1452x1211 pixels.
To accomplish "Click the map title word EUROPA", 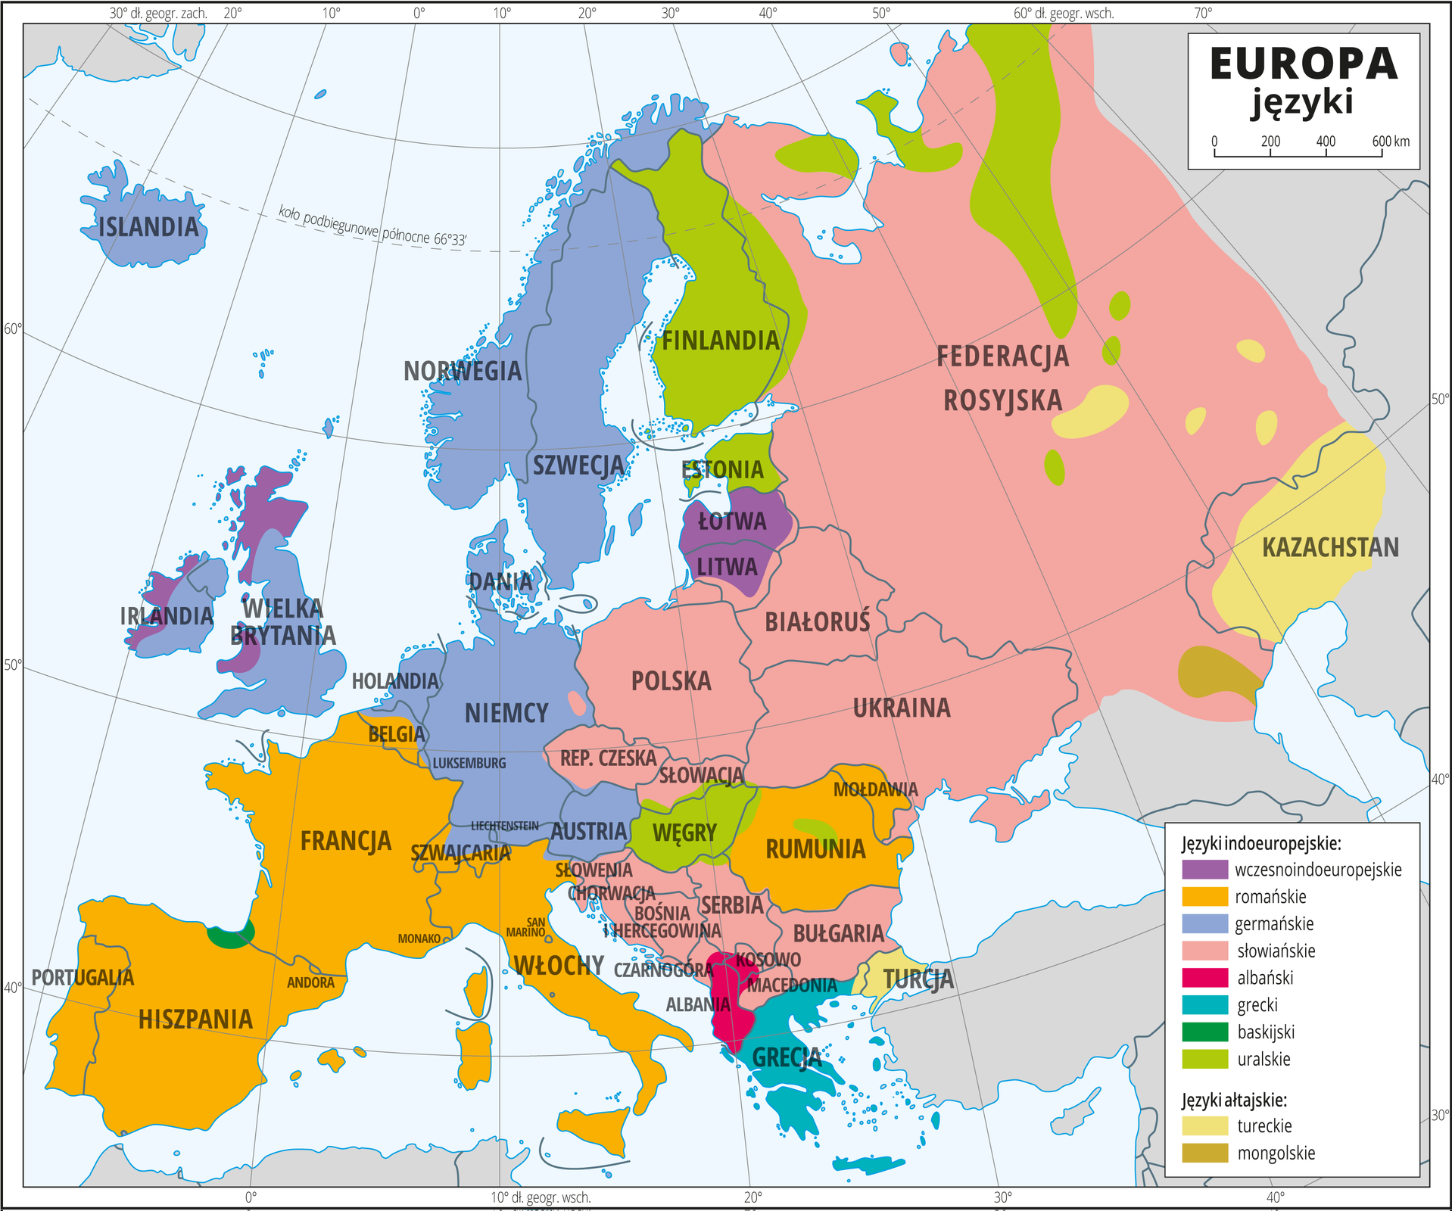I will pos(1303,64).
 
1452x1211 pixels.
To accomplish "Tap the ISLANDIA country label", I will pos(148,226).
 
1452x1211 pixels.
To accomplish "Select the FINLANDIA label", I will pos(720,341).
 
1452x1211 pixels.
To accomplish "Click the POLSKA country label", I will pos(671,680).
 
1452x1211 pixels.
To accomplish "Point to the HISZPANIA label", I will pos(195,1019).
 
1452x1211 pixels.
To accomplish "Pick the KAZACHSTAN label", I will pos(1330,547).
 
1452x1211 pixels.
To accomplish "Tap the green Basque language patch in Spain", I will pos(231,937).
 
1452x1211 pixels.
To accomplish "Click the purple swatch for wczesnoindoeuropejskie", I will pos(1204,869).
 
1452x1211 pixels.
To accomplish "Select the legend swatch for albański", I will pos(1204,977).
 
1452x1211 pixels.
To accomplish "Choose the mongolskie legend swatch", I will pos(1204,1153).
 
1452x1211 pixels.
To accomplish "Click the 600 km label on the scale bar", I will pos(1391,142).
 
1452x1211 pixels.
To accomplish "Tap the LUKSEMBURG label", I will pos(469,763).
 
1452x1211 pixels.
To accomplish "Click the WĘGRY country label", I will pos(684,833).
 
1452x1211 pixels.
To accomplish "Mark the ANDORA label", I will pos(310,982).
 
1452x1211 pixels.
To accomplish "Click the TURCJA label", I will pos(918,979).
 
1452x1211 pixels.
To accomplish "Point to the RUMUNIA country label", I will pos(815,848).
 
